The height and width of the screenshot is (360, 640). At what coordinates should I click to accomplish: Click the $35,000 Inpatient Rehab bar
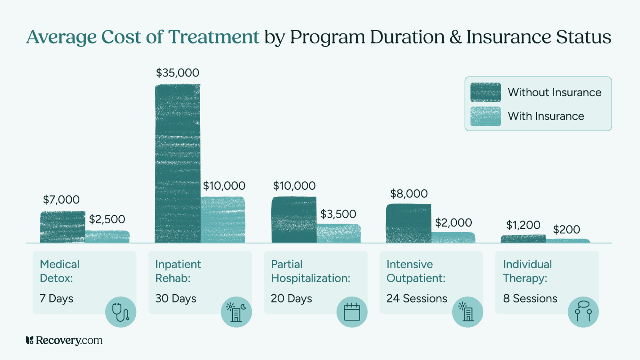[x=178, y=163]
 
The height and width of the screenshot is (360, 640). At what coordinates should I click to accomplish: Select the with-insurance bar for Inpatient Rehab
[x=223, y=220]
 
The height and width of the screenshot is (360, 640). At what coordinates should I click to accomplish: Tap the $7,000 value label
[x=61, y=200]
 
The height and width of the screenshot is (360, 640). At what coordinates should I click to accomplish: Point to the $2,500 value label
[x=107, y=219]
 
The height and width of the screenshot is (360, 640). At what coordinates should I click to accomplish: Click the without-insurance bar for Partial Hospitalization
[x=294, y=220]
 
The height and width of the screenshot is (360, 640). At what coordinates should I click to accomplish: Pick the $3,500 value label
[x=338, y=214]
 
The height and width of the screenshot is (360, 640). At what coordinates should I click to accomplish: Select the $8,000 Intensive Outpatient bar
[x=408, y=223]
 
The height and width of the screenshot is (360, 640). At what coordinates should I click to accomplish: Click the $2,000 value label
[x=453, y=222]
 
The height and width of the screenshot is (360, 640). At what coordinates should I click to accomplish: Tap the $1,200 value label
[x=523, y=225]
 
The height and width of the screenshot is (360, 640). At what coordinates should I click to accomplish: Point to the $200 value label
[x=566, y=229]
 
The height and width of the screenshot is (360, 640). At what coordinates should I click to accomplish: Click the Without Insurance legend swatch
[x=485, y=92]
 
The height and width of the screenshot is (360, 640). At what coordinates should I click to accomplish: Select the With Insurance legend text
[x=546, y=116]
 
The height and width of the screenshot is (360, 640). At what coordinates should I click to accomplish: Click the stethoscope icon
[x=121, y=312]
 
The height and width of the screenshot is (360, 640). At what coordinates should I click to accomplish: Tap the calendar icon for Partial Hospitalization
[x=352, y=312]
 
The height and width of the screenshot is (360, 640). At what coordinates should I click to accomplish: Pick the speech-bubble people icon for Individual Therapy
[x=583, y=312]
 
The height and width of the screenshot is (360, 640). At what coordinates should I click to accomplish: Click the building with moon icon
[x=236, y=312]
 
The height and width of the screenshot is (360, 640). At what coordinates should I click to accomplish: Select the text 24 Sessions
[x=416, y=298]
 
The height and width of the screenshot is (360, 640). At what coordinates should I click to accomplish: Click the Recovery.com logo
[x=64, y=340]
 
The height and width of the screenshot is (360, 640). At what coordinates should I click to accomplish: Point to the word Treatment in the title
[x=213, y=37]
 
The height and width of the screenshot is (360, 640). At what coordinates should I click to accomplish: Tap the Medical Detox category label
[x=60, y=271]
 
